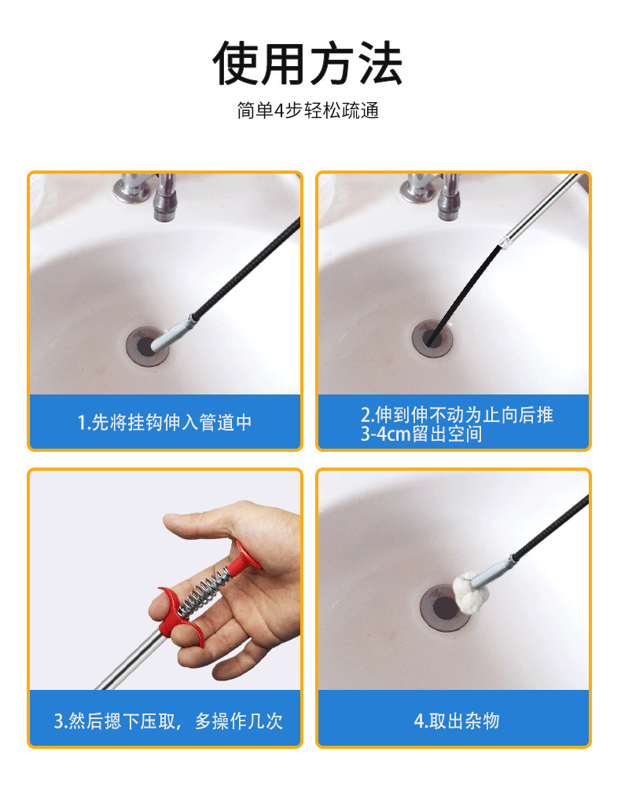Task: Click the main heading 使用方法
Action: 307,63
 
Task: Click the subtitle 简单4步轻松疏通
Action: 307,110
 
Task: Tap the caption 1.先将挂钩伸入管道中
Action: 165,422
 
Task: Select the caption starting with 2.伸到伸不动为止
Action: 456,424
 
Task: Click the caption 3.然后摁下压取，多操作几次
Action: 168,721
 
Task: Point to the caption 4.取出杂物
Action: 456,721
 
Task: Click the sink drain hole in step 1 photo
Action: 146,347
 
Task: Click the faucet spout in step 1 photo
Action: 164,198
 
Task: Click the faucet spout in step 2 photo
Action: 449,198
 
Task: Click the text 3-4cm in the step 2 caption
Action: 386,434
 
